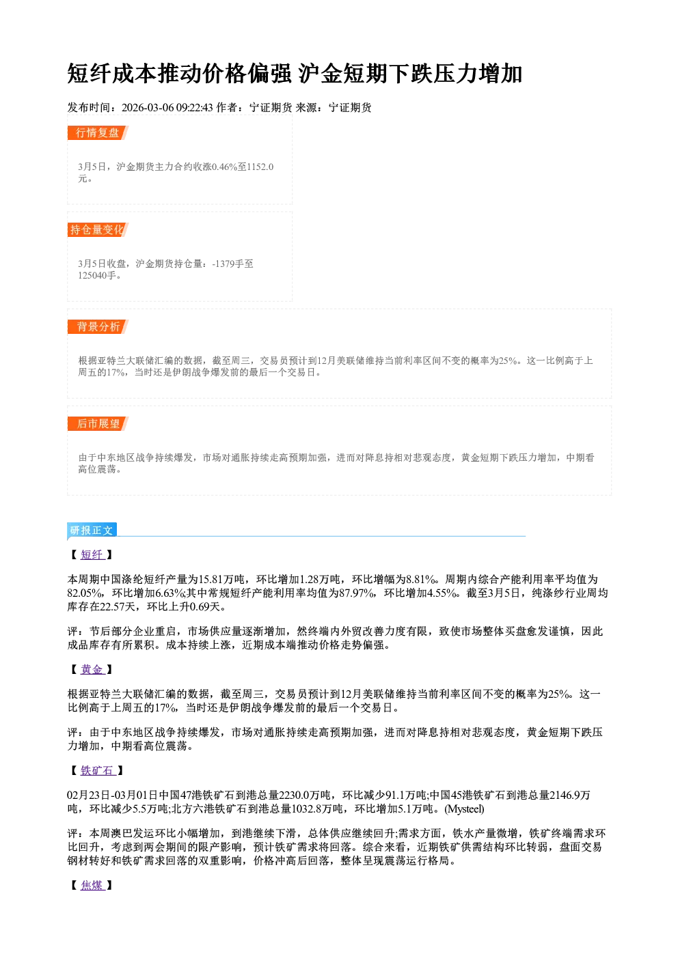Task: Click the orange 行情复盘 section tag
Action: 98,132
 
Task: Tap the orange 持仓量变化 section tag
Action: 98,229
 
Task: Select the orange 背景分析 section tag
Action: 98,327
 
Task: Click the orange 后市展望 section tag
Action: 98,424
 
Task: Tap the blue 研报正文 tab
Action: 92,531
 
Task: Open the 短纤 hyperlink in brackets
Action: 92,554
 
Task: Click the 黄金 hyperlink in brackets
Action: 92,669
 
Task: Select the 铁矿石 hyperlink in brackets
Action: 98,771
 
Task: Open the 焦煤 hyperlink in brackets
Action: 92,886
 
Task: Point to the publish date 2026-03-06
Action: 148,107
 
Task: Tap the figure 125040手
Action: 97,275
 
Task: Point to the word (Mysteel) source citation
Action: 464,809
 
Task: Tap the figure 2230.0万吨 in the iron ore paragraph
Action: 305,795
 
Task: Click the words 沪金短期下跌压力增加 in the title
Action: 410,74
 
